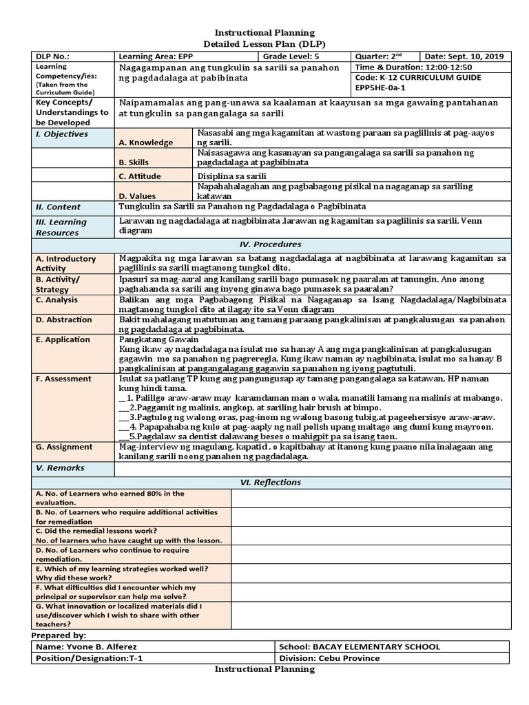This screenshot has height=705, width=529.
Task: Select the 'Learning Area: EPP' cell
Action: pyautogui.click(x=156, y=56)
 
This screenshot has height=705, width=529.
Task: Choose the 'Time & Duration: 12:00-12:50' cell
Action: pyautogui.click(x=413, y=67)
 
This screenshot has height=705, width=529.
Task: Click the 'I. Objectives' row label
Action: pyautogui.click(x=62, y=134)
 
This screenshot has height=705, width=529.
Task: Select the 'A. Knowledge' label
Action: pyautogui.click(x=146, y=143)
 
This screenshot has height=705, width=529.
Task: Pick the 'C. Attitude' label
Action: pyautogui.click(x=145, y=176)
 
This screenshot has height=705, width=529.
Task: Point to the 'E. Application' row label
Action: pyautogui.click(x=63, y=339)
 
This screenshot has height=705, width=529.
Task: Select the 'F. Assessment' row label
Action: pyautogui.click(x=63, y=379)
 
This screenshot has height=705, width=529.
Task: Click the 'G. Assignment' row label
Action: pyautogui.click(x=63, y=447)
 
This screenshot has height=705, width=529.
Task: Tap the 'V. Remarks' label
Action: pyautogui.click(x=60, y=468)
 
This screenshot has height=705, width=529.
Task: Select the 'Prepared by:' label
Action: pyautogui.click(x=59, y=635)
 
